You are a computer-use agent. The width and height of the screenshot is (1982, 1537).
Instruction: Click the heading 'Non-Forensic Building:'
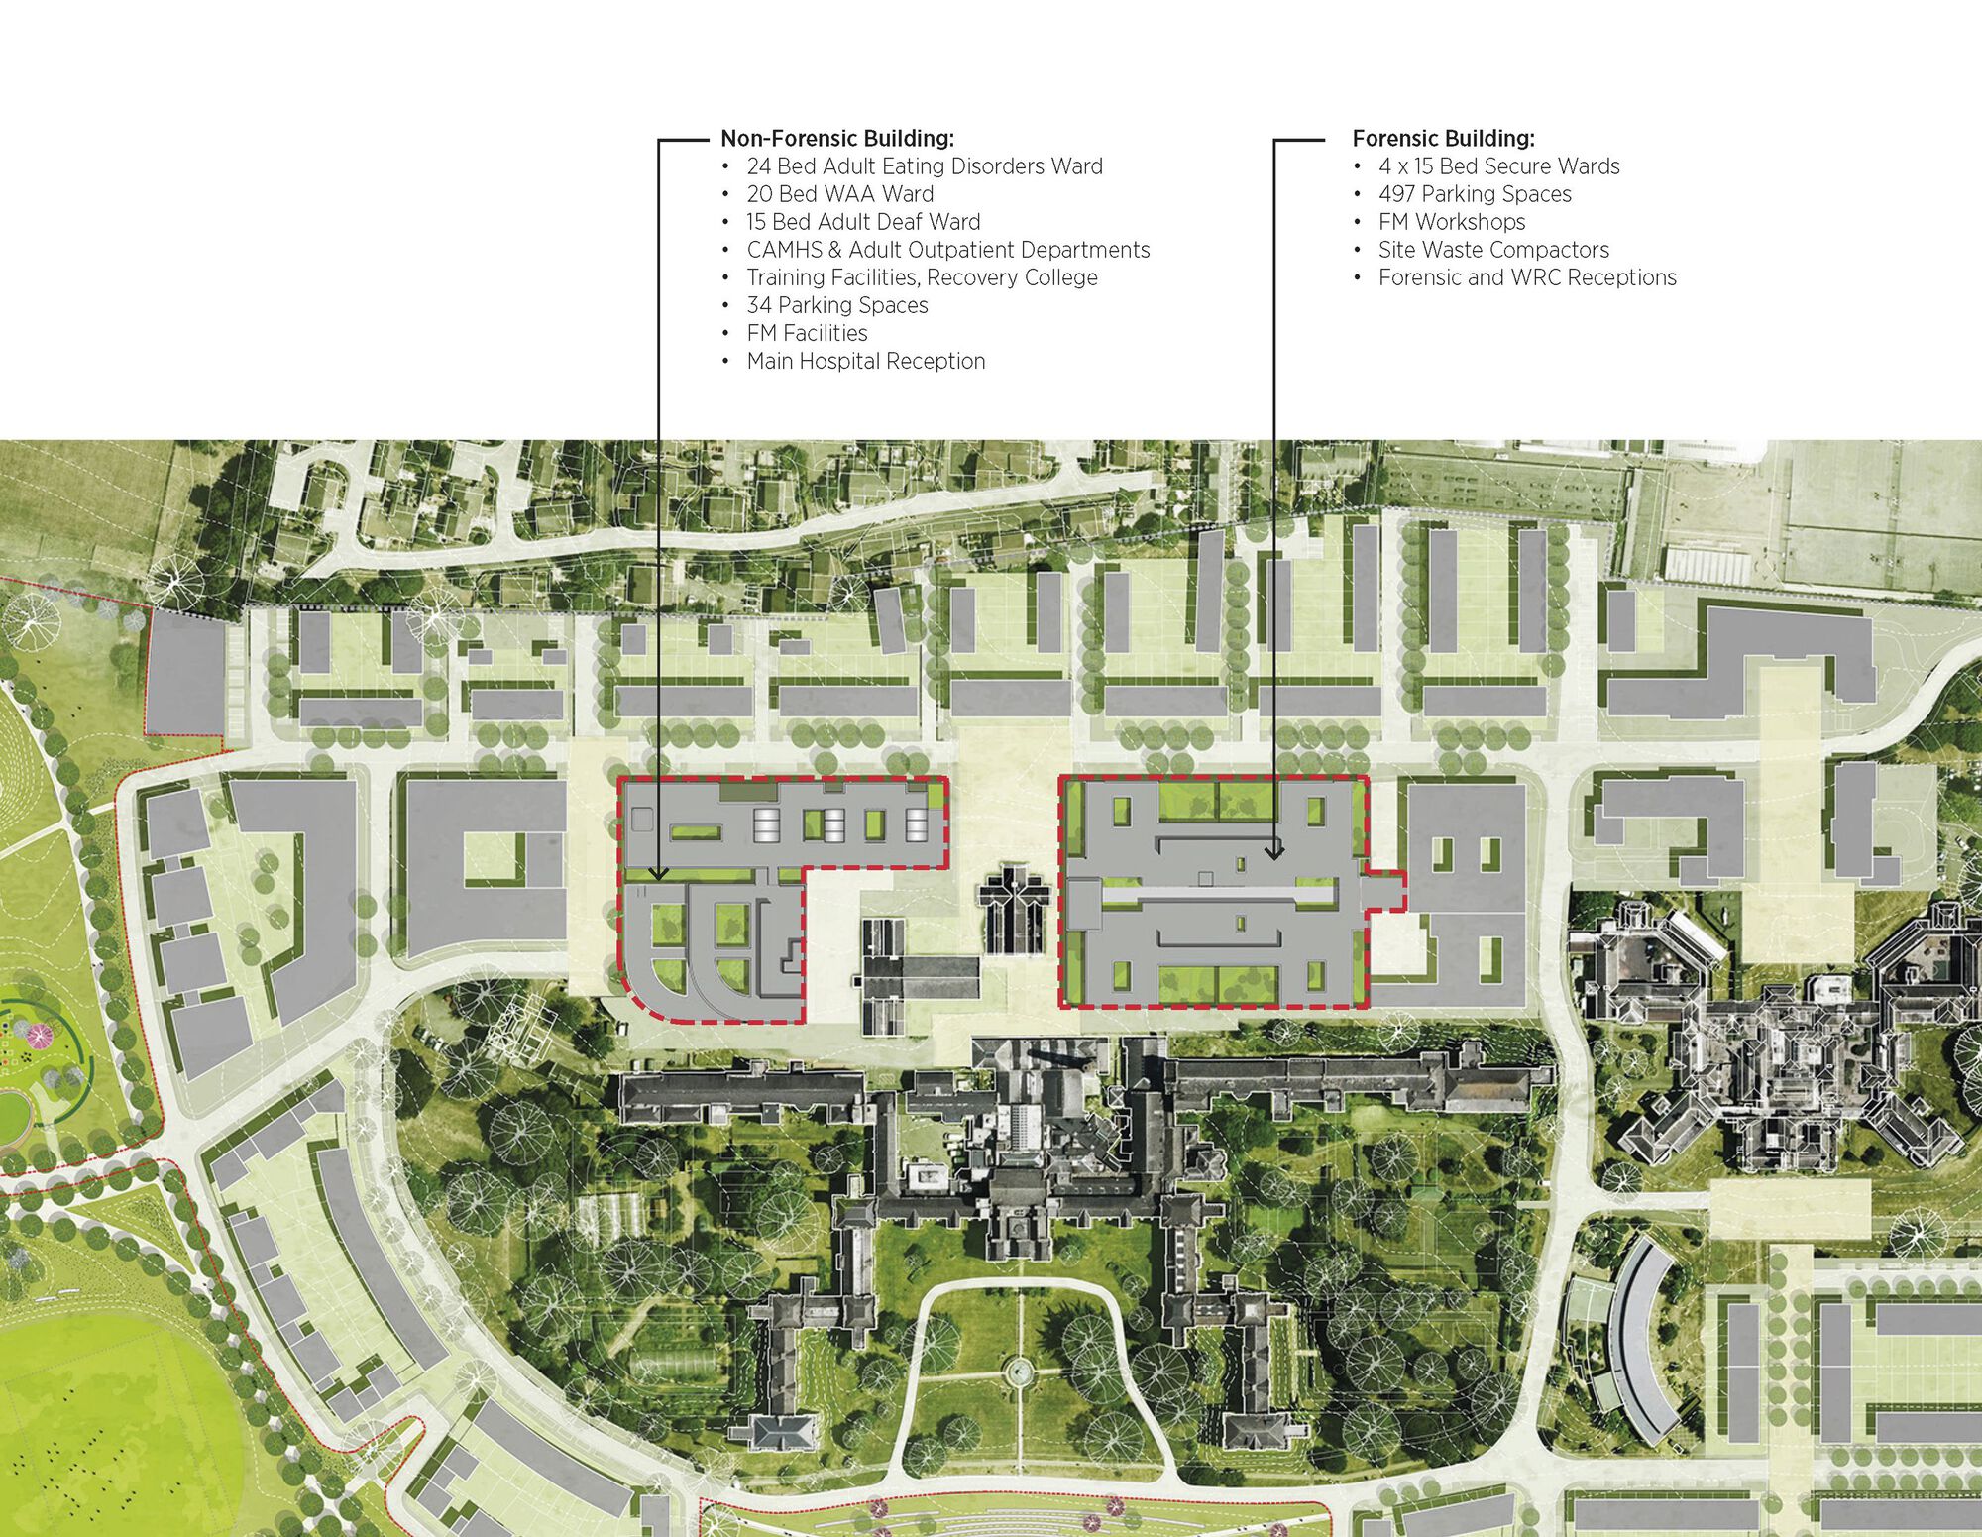click(836, 139)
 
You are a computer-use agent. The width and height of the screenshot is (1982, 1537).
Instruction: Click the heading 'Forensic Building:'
click(1443, 139)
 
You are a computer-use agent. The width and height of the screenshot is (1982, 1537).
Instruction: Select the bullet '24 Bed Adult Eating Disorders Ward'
click(924, 166)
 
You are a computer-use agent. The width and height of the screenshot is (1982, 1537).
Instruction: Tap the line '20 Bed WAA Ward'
click(839, 194)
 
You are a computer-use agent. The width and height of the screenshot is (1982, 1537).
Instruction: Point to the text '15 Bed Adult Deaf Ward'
click(863, 222)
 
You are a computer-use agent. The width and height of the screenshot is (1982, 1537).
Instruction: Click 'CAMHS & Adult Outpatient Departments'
click(947, 250)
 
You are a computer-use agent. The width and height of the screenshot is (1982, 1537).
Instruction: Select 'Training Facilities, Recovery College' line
click(922, 277)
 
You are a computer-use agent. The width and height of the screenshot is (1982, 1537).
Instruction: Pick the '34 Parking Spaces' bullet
click(836, 305)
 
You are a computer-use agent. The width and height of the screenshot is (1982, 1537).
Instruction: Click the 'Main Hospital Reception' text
click(865, 361)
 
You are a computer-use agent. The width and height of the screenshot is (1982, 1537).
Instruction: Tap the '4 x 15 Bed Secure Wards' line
click(1498, 166)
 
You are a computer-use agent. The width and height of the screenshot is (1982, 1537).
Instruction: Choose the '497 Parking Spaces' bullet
click(1475, 194)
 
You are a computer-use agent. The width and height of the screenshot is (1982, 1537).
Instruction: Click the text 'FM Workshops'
click(1452, 222)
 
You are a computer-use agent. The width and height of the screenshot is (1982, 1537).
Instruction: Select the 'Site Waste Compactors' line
click(1493, 250)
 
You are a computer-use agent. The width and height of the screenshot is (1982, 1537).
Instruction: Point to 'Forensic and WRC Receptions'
click(1527, 277)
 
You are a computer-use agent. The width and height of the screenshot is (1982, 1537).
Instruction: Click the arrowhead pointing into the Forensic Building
click(1274, 852)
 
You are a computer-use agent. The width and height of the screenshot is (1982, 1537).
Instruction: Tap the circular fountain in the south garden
click(1017, 1372)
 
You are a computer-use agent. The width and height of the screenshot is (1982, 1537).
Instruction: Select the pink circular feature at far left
click(38, 1037)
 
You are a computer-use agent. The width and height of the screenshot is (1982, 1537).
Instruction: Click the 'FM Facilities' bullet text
click(807, 333)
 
